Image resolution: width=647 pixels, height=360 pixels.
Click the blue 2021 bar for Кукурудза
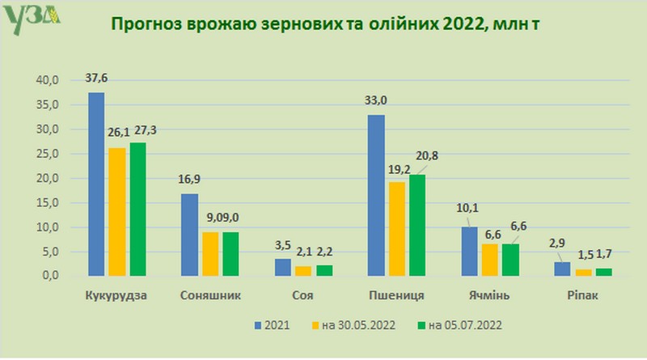click(96, 184)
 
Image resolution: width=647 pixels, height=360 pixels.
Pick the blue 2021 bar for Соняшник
click(189, 235)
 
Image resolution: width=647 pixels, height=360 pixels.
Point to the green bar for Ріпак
click(604, 271)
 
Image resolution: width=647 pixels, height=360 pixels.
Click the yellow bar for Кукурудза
click(116, 212)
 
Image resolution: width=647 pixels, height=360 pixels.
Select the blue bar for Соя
click(282, 267)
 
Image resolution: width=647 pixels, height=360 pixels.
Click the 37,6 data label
click(96, 79)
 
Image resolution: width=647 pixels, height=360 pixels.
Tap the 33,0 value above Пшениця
click(377, 101)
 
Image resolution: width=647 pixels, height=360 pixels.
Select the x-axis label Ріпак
click(584, 294)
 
